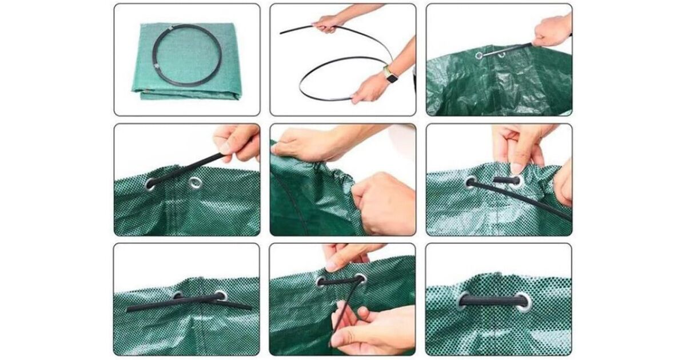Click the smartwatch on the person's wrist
[x=391, y=74]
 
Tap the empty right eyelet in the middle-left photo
[x=195, y=183]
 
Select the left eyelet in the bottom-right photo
[x=461, y=301]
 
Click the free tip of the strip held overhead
[x=282, y=32]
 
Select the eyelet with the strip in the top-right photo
[x=479, y=55]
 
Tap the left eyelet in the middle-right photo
[x=470, y=182]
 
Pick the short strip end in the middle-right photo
[x=506, y=180]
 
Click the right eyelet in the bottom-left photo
[x=220, y=296]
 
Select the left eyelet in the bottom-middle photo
[x=320, y=281]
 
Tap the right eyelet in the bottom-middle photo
[x=360, y=279]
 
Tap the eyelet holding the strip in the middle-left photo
[x=151, y=183]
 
